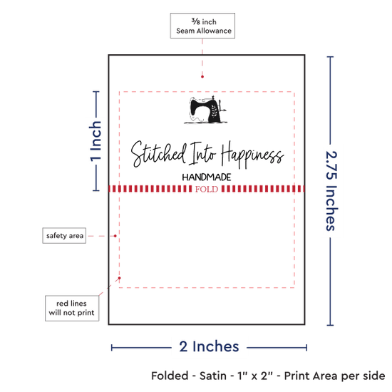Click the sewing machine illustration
coord(205,110)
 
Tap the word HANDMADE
coord(207,177)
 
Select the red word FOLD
coord(207,189)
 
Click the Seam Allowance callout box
coord(202,26)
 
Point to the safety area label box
coord(64,235)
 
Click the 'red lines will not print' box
coord(72,308)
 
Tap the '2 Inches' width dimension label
coord(209,347)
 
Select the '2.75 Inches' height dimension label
coord(331,191)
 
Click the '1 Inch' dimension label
coord(96,141)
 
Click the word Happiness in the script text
coord(252,155)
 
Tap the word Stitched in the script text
coord(159,154)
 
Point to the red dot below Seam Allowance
coord(202,77)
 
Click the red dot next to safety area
coord(115,236)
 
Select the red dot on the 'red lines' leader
coord(120,278)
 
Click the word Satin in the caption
coord(213,376)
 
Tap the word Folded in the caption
coord(170,376)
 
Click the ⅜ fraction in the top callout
coord(196,21)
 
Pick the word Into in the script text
coord(202,153)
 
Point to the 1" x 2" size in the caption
coord(255,376)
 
